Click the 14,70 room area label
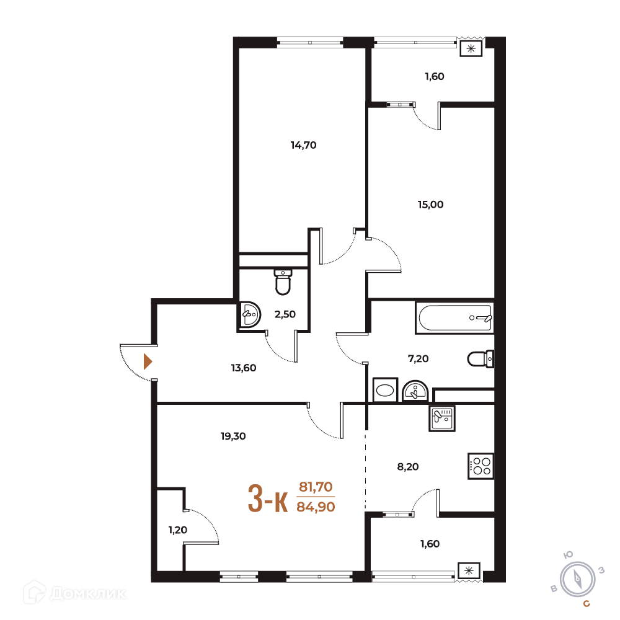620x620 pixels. tap(303, 146)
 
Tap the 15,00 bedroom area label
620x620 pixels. tap(431, 205)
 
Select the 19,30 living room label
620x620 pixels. tap(233, 436)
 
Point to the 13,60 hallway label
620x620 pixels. tap(244, 368)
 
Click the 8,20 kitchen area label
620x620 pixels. tap(408, 467)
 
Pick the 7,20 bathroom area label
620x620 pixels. tap(418, 359)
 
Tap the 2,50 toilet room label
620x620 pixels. tap(285, 314)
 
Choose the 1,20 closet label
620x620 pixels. tap(177, 530)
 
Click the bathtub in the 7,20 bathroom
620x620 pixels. tap(454, 317)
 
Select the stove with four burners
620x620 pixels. tap(481, 466)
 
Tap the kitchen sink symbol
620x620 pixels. tap(442, 418)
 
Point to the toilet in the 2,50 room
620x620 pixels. tap(283, 282)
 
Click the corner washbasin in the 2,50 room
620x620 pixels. tap(250, 315)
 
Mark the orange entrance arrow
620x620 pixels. tap(148, 361)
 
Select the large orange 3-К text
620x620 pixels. tap(268, 499)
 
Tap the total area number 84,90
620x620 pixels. tap(316, 507)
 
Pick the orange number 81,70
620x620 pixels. tap(316, 487)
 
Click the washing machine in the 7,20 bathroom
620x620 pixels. tap(385, 390)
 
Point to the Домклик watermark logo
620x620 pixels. tap(75, 593)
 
